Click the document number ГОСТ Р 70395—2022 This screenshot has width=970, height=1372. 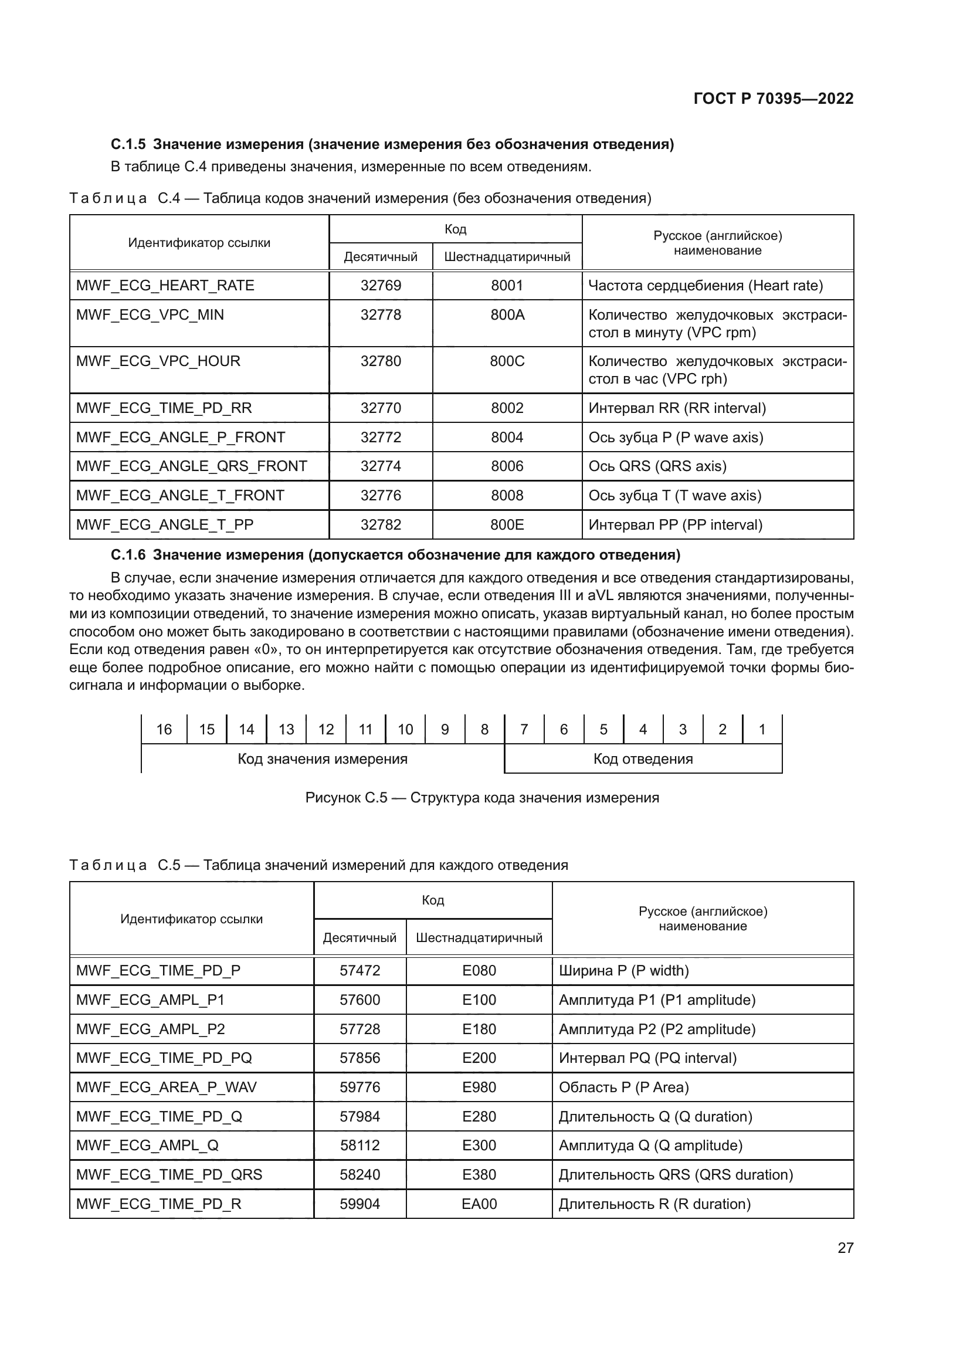(x=773, y=99)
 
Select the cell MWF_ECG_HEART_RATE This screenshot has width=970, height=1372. (x=165, y=286)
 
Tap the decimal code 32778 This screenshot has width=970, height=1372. (x=381, y=315)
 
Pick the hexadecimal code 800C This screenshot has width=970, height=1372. (x=507, y=361)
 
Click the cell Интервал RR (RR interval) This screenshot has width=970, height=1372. (x=677, y=408)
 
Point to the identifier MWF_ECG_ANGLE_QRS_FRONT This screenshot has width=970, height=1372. (x=191, y=466)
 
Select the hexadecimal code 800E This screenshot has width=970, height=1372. (x=507, y=524)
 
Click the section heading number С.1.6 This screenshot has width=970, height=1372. (x=128, y=555)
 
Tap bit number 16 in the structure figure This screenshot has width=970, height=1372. (x=164, y=729)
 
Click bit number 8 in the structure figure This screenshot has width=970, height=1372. (x=484, y=729)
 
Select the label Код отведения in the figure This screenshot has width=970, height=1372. (x=643, y=759)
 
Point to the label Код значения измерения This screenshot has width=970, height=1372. (x=323, y=759)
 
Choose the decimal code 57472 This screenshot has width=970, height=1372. (x=359, y=970)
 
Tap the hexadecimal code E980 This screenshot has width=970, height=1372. (x=479, y=1087)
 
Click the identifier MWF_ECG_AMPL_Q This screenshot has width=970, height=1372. (x=147, y=1145)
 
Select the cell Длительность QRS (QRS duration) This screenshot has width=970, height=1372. (x=676, y=1174)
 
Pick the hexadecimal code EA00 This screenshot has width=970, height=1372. (x=479, y=1204)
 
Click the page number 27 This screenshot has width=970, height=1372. (x=845, y=1248)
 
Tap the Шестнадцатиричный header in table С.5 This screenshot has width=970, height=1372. (x=479, y=937)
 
